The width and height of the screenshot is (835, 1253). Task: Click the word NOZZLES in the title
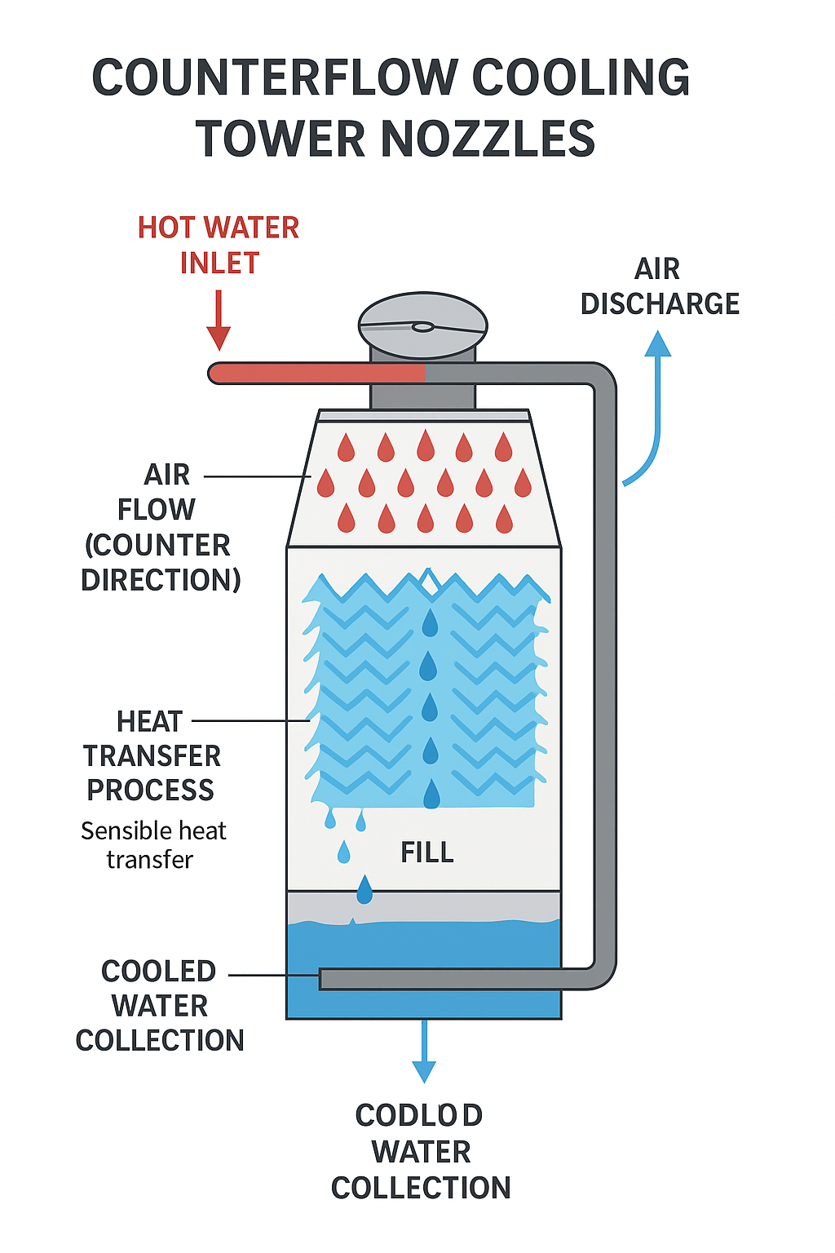coord(488,139)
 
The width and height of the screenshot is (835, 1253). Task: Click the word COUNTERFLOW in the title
coord(275,78)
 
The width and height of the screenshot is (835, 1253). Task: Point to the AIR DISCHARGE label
coord(659,286)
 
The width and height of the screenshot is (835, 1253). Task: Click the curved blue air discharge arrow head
coord(657,344)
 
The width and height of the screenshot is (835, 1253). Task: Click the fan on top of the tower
coord(422,326)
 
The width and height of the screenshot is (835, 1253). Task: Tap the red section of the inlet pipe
coord(318,374)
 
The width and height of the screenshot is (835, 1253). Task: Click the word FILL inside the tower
coord(426,852)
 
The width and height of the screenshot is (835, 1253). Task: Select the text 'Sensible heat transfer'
coord(153,845)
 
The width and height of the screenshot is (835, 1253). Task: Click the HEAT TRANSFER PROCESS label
coord(152,756)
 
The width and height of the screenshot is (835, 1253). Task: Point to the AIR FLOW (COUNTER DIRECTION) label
coord(160,527)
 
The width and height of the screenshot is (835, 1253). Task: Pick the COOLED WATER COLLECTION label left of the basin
coord(160,1006)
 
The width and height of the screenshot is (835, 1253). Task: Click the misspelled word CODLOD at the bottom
coord(419,1115)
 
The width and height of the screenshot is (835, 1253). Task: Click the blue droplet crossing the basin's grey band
coord(364,889)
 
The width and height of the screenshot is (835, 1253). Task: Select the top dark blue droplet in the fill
coord(430,622)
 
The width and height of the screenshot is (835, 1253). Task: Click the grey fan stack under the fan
coord(422,387)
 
